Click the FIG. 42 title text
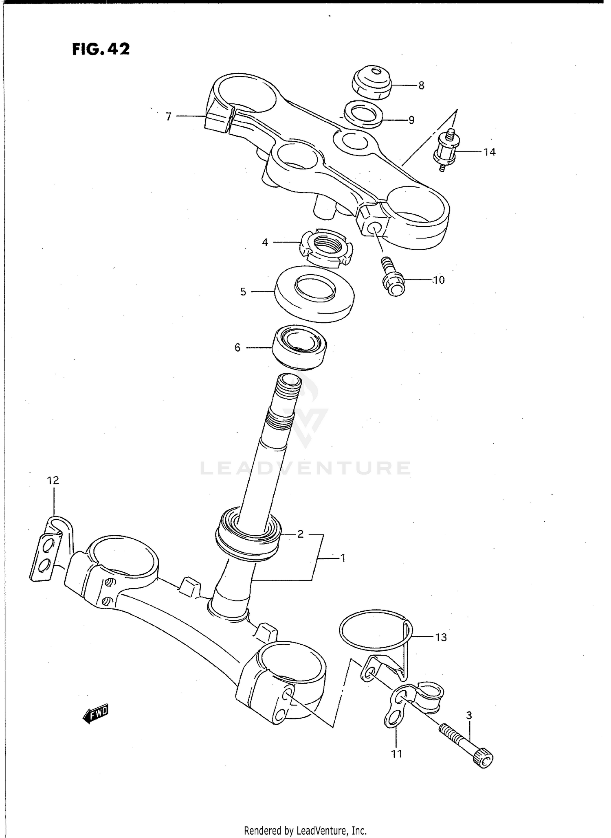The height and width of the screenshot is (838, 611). coord(101,49)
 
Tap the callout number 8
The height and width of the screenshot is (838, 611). coord(421,85)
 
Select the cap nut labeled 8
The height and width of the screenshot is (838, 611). coord(371,82)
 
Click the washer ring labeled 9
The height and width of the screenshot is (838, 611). coord(363,114)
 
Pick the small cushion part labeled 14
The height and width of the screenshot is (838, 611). coord(446,150)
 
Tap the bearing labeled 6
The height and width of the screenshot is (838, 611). coord(299,348)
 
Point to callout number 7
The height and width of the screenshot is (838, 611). coord(169,117)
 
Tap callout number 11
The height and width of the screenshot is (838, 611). coord(397,754)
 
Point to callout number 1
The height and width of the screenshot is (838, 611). coord(343,558)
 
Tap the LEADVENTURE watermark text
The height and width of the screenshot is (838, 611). coord(305,468)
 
